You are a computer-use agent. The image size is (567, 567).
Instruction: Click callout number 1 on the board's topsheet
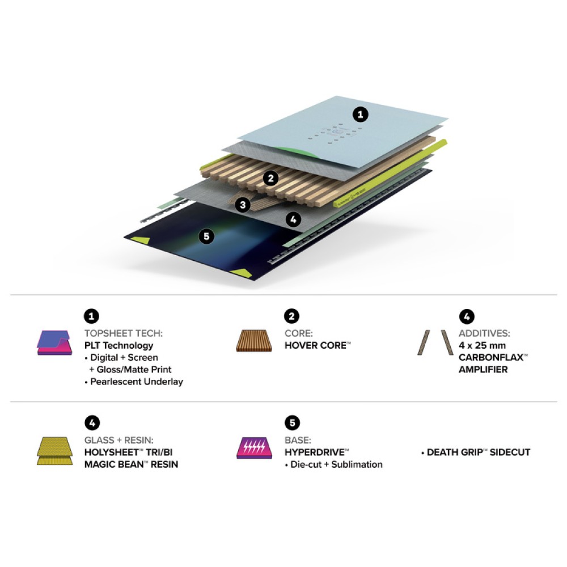[x=360, y=115]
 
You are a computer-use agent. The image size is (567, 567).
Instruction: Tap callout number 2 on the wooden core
[x=271, y=178]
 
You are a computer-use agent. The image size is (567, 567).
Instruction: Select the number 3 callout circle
[x=243, y=205]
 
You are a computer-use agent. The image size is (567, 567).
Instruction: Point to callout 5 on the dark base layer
[x=206, y=236]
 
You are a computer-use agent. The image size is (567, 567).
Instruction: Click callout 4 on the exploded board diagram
[x=293, y=219]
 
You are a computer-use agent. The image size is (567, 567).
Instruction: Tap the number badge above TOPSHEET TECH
[x=91, y=316]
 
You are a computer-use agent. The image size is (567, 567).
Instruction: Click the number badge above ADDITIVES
[x=467, y=316]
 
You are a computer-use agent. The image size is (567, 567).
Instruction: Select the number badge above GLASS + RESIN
[x=92, y=423]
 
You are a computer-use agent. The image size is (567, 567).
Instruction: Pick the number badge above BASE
[x=292, y=423]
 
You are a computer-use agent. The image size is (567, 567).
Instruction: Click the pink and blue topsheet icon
[x=54, y=342]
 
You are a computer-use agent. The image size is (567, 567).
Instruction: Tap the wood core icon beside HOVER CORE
[x=254, y=340]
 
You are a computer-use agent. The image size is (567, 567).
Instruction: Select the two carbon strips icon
[x=435, y=342]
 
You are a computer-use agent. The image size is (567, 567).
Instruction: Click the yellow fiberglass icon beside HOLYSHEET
[x=55, y=451]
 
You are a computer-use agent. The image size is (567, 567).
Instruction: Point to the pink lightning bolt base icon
[x=254, y=448]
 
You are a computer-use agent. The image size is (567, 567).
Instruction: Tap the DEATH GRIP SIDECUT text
[x=476, y=452]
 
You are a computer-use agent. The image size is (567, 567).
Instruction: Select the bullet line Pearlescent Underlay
[x=134, y=382]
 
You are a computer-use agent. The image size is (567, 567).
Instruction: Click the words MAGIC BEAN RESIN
[x=132, y=464]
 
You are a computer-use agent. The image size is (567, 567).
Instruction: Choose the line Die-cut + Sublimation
[x=334, y=464]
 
